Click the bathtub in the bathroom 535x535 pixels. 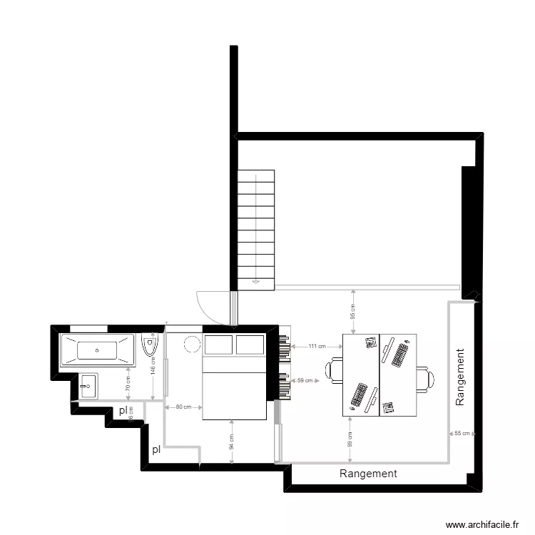click(97, 350)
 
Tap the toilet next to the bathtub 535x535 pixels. click(149, 346)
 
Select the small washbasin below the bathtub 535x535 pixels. click(89, 387)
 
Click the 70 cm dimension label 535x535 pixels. click(128, 384)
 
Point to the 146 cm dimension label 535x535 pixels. click(153, 366)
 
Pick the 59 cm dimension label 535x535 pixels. click(305, 381)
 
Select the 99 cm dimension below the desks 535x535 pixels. click(350, 440)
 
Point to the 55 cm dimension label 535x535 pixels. click(463, 433)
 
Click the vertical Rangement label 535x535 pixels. click(460, 377)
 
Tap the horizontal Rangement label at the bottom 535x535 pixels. click(368, 473)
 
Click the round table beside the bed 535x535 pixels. click(192, 344)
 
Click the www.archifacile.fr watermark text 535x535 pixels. click(482, 524)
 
